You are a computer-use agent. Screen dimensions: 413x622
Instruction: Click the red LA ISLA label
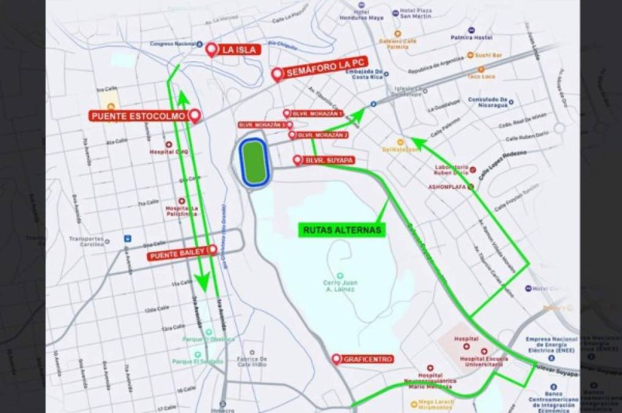click(x=240, y=50)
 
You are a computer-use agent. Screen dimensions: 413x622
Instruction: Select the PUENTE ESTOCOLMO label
click(x=139, y=115)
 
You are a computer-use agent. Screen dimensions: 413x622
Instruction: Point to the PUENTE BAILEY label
click(x=178, y=256)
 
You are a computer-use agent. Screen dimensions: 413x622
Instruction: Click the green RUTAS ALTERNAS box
click(x=343, y=230)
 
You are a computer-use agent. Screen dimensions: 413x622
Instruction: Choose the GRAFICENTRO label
click(x=368, y=359)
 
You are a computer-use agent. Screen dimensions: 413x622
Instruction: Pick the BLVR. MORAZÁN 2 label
click(x=322, y=135)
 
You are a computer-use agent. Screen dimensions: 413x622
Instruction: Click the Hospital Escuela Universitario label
click(x=481, y=360)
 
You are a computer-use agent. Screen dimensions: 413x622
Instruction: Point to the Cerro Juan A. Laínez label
click(x=340, y=286)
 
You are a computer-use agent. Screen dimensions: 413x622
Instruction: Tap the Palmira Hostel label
click(x=493, y=37)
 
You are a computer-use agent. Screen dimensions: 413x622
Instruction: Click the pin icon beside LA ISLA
click(x=212, y=50)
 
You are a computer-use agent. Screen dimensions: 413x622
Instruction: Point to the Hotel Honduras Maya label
click(x=362, y=15)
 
